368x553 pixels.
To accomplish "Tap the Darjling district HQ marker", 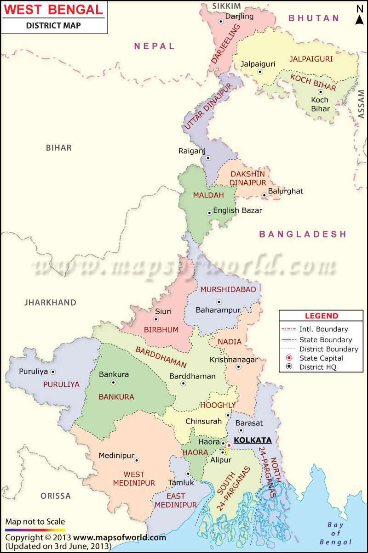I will pos(221,21).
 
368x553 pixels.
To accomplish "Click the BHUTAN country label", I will pos(314,18).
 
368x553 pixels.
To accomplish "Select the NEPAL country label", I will pos(155,46).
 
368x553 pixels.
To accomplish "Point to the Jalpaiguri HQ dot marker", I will pos(260,72).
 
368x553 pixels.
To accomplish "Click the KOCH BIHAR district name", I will pos(313,82).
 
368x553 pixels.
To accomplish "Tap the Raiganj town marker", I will pos(208,158).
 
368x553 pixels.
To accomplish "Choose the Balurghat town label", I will pos(286,191).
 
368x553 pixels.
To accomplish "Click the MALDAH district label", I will pos(208,195).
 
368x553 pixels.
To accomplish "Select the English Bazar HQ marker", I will pos(209,212).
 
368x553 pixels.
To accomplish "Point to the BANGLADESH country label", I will pos(303,234).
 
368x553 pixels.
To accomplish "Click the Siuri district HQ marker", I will pos(156,319).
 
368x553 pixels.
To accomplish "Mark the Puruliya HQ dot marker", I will pos(53,372).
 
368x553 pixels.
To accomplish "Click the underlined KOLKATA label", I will pos(253,440).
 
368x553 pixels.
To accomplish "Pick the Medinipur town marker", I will pos(137,459).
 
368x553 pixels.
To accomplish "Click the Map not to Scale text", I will pos(35,521).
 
